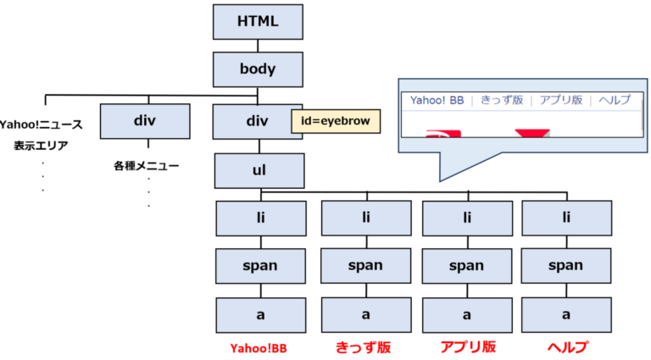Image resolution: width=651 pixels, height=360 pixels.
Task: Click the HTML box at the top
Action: tap(258, 22)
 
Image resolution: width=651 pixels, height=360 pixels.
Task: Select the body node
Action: tap(258, 69)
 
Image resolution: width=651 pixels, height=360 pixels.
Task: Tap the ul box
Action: tap(259, 171)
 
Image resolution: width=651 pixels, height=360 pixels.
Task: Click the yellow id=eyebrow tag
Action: tap(336, 121)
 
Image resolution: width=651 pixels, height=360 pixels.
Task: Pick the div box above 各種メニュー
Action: tap(145, 121)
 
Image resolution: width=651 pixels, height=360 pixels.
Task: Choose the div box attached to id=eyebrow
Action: tap(258, 121)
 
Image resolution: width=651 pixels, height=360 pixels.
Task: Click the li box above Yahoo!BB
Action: tap(261, 219)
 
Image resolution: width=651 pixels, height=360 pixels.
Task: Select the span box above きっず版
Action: tap(366, 266)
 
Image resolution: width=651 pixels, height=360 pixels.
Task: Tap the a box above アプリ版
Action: tap(467, 315)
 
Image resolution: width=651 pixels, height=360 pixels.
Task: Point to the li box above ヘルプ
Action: tap(567, 219)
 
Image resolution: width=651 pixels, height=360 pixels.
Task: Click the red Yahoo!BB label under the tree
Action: tap(259, 348)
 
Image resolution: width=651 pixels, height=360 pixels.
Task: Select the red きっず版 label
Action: tap(364, 347)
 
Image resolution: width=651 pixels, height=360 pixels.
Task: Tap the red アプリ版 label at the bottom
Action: tap(468, 347)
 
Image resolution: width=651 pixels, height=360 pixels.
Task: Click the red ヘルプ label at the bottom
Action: tap(568, 347)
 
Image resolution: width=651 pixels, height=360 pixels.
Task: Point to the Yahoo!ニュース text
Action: tap(41, 125)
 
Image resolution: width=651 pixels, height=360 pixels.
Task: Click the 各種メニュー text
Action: tap(146, 166)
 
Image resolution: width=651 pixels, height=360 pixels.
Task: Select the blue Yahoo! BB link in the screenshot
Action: tap(437, 100)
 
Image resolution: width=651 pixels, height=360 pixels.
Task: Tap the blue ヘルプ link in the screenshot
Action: tap(615, 100)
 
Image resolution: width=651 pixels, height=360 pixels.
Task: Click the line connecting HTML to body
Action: tap(258, 46)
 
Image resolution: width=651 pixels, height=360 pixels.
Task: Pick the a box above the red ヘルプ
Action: tap(566, 315)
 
